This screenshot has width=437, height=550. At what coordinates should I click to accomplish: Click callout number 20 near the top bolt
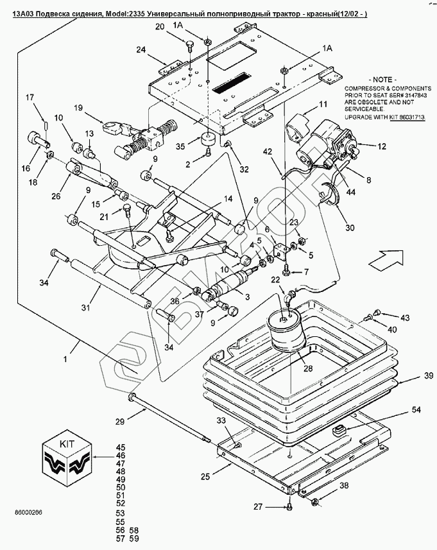(160, 26)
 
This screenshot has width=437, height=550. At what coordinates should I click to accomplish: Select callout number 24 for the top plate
(141, 49)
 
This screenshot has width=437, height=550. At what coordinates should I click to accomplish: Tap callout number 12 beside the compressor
(381, 146)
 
